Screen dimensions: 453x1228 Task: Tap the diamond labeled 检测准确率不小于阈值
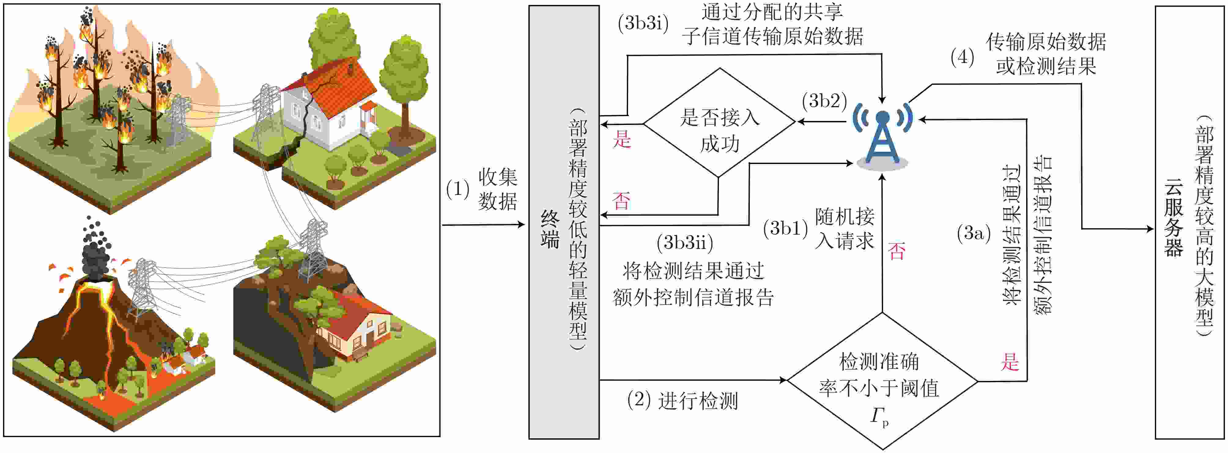point(882,381)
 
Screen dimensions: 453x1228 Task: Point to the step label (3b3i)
point(643,23)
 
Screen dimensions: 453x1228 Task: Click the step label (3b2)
point(824,101)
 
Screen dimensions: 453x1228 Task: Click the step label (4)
point(962,58)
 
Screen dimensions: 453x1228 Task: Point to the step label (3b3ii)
point(685,243)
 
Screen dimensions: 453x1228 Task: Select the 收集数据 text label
point(498,189)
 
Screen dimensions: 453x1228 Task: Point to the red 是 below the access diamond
point(622,140)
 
